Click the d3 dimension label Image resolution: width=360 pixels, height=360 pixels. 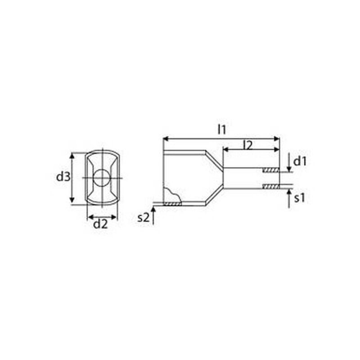click(x=63, y=177)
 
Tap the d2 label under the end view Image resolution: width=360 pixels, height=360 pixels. click(x=100, y=224)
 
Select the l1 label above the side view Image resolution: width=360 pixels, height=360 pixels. click(x=221, y=130)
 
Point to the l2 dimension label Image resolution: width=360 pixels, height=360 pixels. click(x=247, y=145)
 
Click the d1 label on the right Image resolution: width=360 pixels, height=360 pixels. click(x=300, y=161)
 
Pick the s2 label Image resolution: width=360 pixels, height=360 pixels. click(x=143, y=218)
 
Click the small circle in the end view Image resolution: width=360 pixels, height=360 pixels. click(x=102, y=178)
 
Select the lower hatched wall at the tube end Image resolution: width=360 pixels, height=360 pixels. click(x=271, y=186)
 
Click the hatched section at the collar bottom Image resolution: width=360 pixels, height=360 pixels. click(x=172, y=204)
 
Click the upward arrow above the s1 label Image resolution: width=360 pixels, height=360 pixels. click(x=288, y=197)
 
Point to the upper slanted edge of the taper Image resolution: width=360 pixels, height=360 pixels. click(x=214, y=159)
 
